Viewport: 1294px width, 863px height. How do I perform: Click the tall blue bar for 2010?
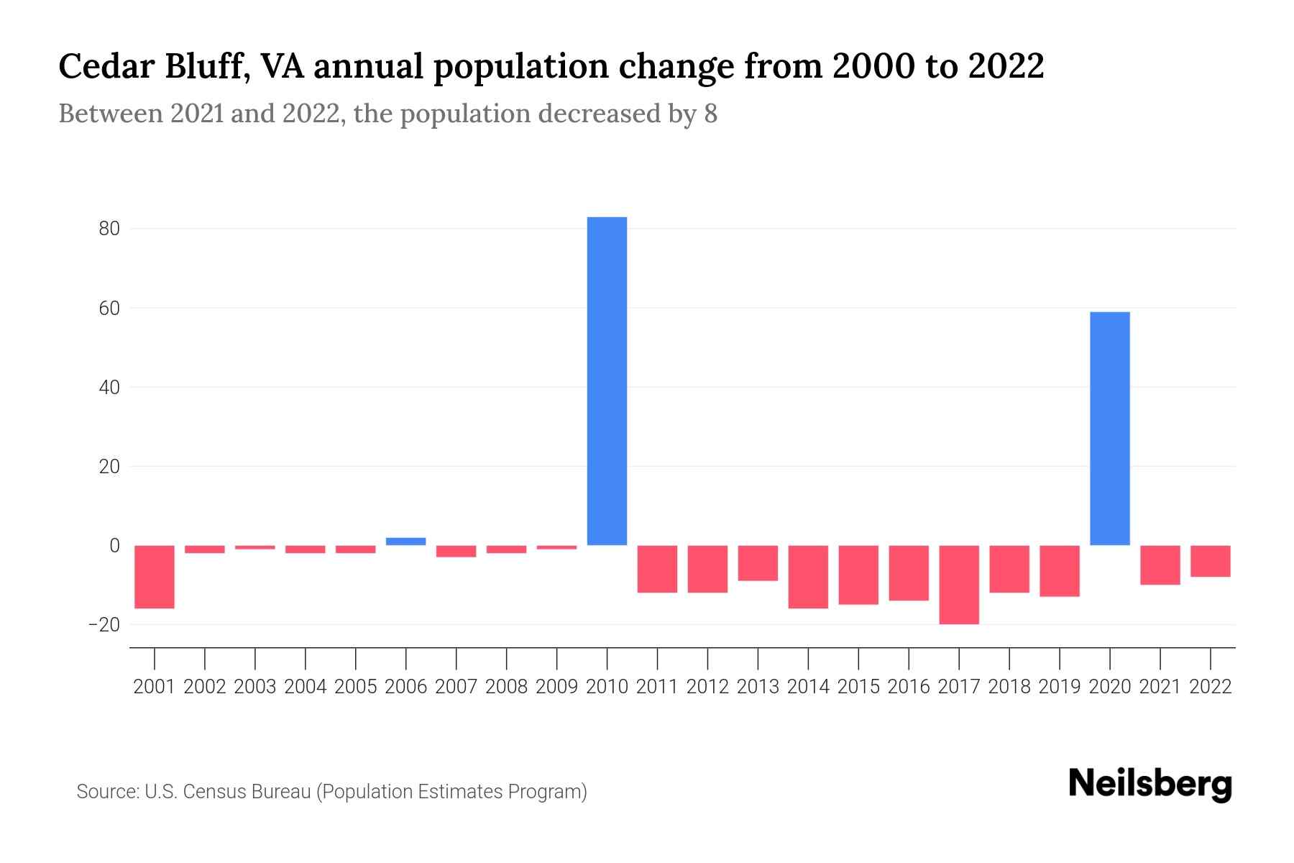[607, 381]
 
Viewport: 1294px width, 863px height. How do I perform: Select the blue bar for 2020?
[1109, 428]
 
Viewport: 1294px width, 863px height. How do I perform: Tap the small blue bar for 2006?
[405, 542]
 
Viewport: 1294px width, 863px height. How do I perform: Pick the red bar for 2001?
[155, 577]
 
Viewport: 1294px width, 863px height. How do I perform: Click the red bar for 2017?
[958, 585]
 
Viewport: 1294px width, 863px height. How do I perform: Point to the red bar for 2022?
[1210, 561]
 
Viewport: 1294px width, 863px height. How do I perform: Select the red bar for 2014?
[808, 577]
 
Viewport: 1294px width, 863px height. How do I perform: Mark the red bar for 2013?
[758, 563]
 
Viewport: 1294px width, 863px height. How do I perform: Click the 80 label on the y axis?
[109, 229]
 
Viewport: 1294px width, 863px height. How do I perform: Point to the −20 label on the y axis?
[104, 625]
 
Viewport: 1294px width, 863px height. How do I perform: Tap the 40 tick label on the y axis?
[109, 388]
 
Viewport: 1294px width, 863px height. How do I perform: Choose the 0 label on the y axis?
[114, 546]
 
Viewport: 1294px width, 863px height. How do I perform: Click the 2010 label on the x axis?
[607, 687]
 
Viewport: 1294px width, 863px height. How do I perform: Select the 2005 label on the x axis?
[356, 687]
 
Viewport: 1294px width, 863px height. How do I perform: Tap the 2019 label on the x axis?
[1059, 687]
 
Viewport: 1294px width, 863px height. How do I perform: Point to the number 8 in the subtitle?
[710, 114]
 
